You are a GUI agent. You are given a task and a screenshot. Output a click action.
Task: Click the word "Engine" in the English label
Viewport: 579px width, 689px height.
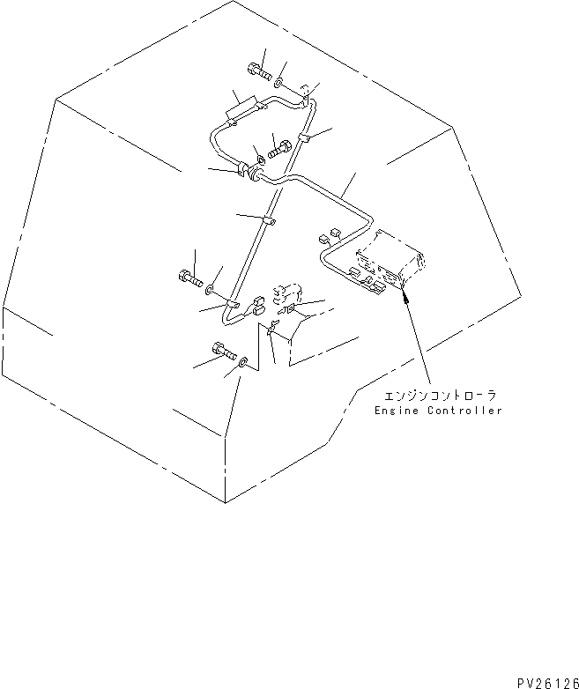pos(390,411)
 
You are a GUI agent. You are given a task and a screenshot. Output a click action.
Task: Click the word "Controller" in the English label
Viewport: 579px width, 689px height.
pos(464,411)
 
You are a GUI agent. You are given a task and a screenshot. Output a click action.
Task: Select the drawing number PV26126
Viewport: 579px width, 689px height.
pos(548,684)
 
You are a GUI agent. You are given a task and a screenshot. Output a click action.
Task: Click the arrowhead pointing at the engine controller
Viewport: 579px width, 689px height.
pos(405,299)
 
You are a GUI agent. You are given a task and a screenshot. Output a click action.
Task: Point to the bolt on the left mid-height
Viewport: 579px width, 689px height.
pos(191,278)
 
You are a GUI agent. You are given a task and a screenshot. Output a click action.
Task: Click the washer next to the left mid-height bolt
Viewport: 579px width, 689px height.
pos(210,289)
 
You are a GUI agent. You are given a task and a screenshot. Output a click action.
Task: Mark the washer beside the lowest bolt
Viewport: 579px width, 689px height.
pos(243,363)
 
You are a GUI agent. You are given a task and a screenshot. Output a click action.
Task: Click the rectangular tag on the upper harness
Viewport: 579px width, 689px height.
pos(241,108)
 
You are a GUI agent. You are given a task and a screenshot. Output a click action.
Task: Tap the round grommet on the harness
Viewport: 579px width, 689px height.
pos(254,173)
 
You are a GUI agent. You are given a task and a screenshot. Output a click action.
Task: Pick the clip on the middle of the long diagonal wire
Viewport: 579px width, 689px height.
pos(269,221)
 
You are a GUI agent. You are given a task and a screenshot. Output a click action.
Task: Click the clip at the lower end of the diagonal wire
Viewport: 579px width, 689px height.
pos(232,305)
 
